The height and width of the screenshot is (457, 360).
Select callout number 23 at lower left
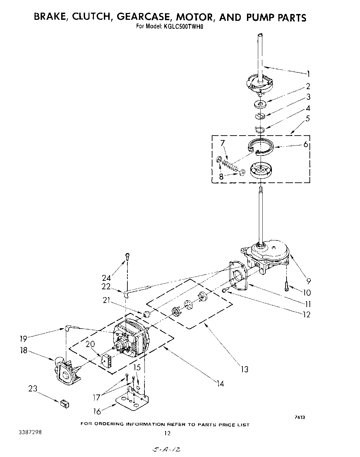(33, 389)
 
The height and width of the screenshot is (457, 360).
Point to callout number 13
(244, 369)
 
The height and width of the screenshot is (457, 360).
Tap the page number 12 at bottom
(167, 433)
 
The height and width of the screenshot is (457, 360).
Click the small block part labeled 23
(64, 404)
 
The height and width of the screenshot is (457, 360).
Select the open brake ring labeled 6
(261, 146)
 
